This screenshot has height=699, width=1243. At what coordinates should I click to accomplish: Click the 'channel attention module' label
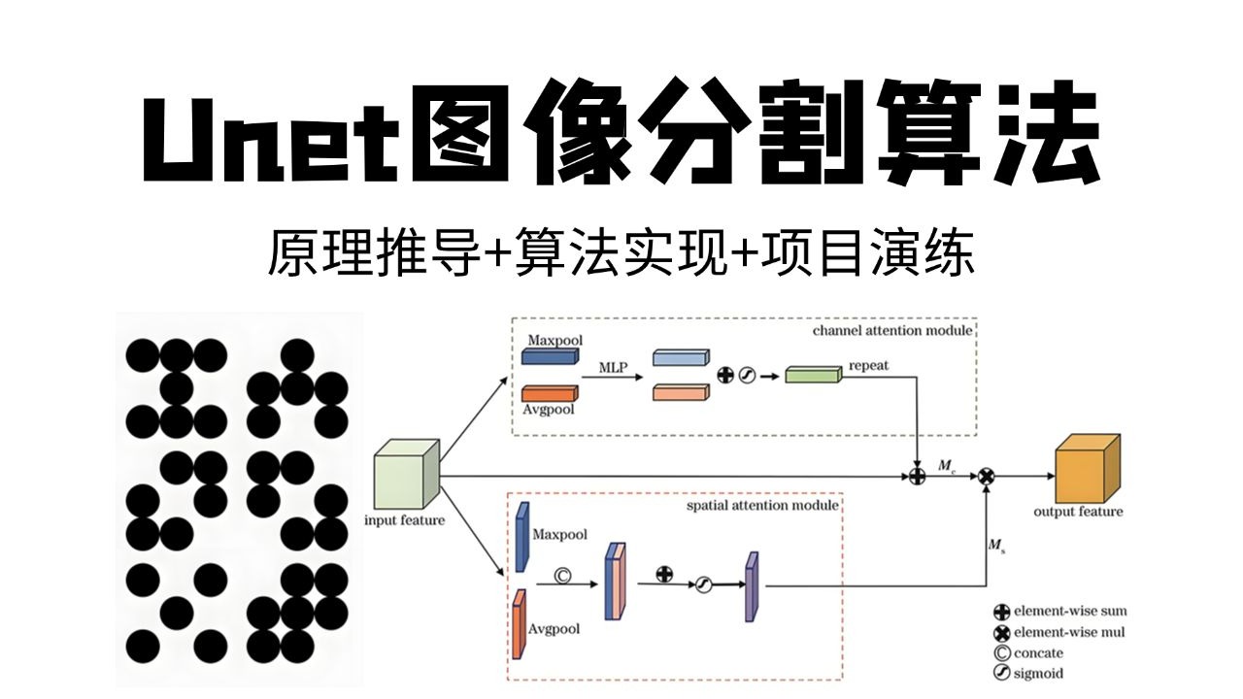[892, 330]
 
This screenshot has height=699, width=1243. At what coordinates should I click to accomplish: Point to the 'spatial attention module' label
[762, 506]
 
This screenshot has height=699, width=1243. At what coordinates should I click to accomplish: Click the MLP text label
[613, 367]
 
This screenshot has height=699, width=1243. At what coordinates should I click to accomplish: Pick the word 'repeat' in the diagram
[868, 367]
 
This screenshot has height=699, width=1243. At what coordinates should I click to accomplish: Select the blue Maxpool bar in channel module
[550, 356]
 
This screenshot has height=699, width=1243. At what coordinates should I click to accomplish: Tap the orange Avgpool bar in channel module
[550, 393]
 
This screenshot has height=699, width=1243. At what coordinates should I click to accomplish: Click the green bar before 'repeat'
[812, 375]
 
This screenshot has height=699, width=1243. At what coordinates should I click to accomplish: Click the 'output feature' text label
[1077, 512]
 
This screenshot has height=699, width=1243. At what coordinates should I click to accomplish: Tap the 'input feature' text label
[404, 520]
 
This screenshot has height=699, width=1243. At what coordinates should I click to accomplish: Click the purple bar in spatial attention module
[751, 586]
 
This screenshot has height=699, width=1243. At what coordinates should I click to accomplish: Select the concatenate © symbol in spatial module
[561, 575]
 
